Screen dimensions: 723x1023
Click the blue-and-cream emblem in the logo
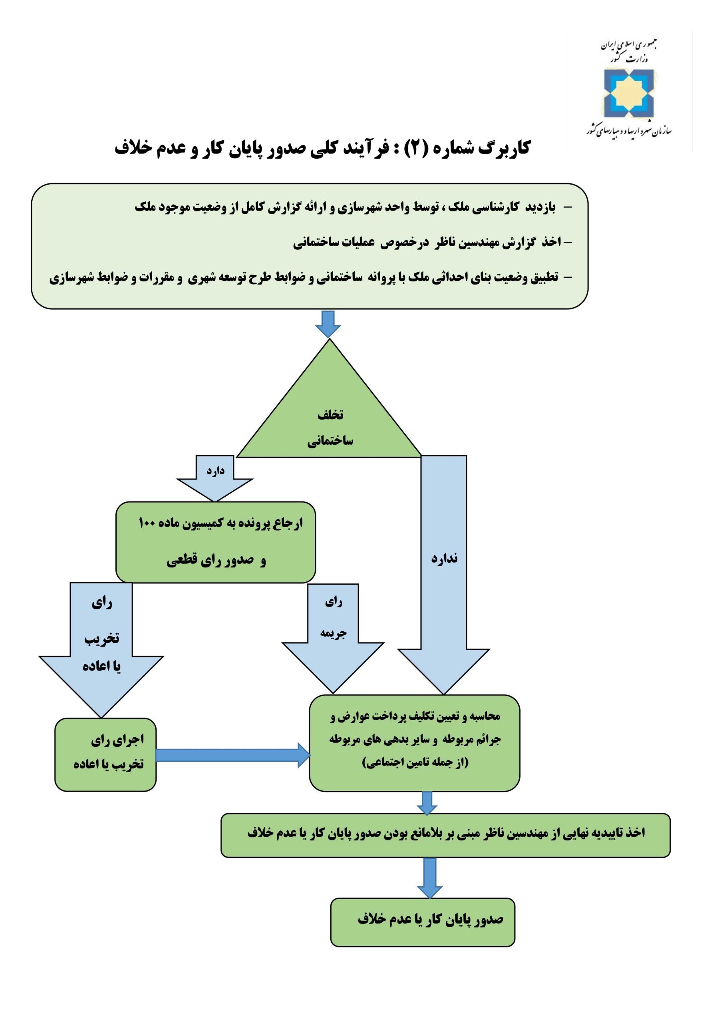(629, 94)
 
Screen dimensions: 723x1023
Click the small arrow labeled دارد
(215, 478)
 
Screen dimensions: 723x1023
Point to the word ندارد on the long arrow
(444, 558)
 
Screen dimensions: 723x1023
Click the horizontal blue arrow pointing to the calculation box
(232, 755)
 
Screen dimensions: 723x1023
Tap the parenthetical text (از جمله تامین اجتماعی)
(415, 762)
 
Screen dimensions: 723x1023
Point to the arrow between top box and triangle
(328, 324)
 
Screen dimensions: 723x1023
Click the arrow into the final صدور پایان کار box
(429, 878)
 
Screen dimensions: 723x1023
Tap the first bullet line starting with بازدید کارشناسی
(353, 207)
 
